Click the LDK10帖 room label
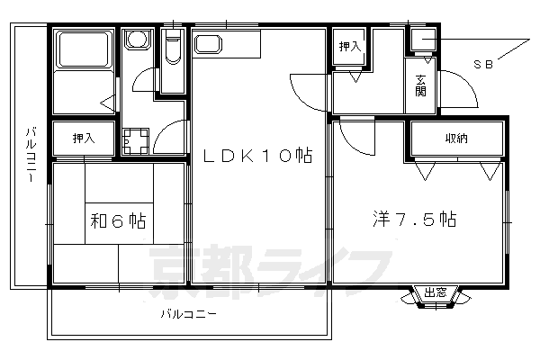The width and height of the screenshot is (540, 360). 256,156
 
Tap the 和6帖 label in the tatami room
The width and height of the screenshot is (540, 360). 118,220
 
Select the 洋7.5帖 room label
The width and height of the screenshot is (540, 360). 416,219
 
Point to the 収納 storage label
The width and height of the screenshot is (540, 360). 455,138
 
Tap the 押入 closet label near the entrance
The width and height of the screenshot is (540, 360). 349,47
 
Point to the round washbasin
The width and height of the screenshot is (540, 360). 138,41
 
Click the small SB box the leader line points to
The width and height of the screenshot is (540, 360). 421,40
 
